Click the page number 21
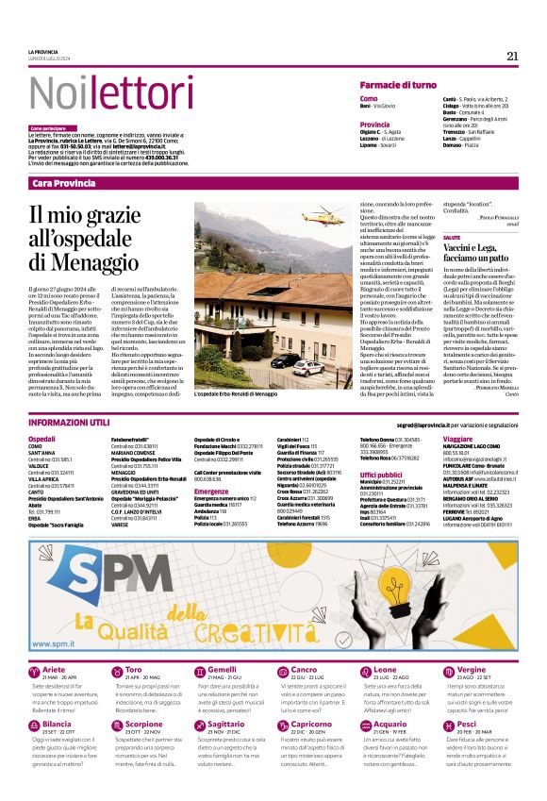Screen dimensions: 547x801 pos(512,56)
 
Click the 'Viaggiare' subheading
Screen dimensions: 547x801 pos(457,440)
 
